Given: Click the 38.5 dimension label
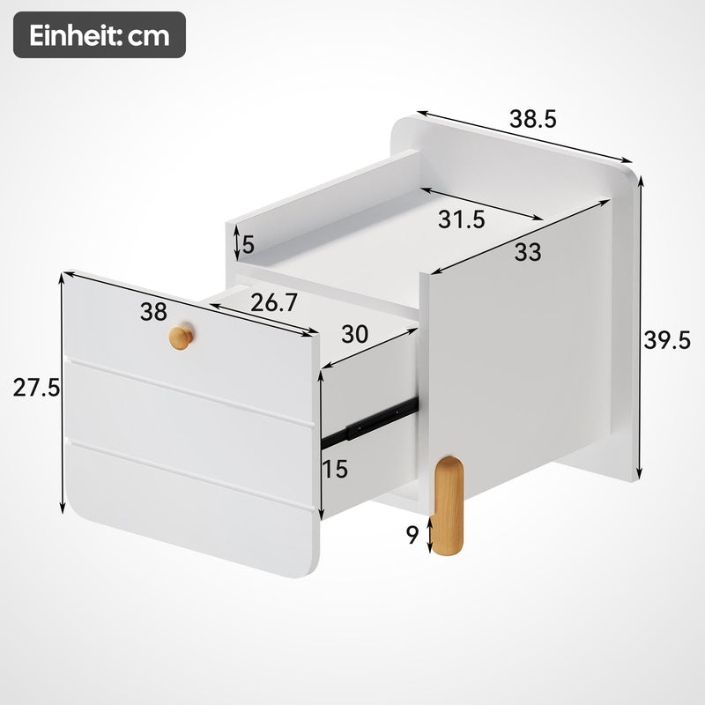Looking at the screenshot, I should tap(533, 118).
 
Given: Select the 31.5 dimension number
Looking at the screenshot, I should tap(462, 220).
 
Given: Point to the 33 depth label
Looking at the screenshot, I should tap(527, 252).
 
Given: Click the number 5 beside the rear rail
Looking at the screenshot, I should tap(249, 242).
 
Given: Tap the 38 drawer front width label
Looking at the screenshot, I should tap(153, 311).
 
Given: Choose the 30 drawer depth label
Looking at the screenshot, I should tap(354, 334).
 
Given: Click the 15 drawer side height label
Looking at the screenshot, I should tap(334, 470).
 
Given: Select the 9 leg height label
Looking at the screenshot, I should tap(412, 535).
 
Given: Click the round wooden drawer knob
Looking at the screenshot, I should tap(182, 336).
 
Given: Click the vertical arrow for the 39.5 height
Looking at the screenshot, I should tap(641, 326).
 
